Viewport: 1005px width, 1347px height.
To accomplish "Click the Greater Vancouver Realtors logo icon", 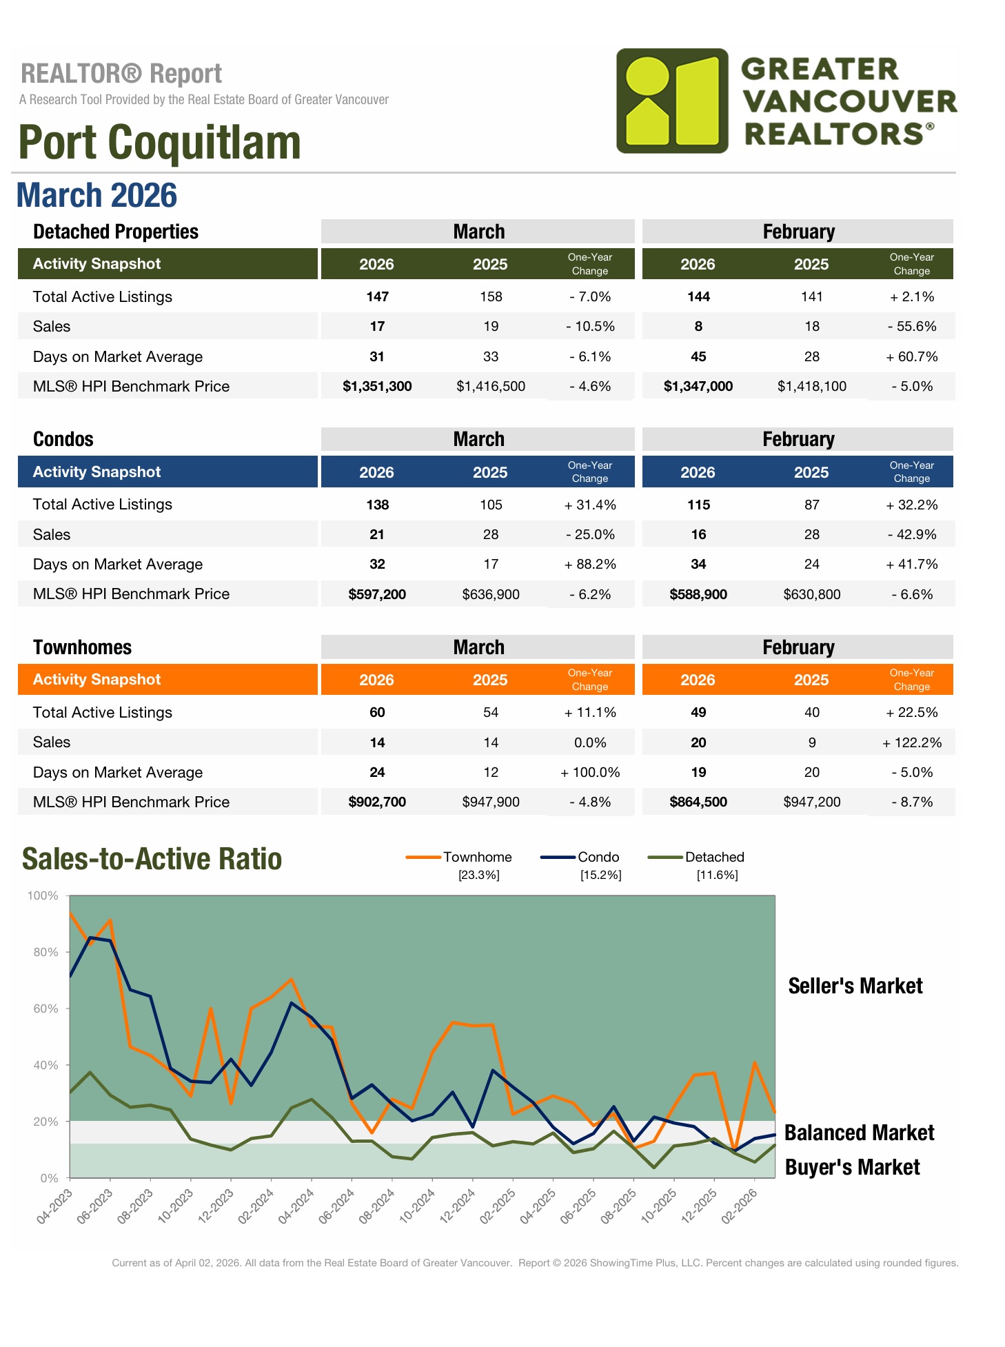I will [672, 101].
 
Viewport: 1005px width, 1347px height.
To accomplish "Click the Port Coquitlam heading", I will [159, 143].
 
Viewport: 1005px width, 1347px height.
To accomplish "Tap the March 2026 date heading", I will [97, 195].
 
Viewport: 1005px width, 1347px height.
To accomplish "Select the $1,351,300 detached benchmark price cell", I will [377, 387].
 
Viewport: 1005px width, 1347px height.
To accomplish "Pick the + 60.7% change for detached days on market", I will [912, 357].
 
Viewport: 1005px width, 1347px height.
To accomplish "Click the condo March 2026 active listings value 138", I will [377, 505].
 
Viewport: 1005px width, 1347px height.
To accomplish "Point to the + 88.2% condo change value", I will [590, 565].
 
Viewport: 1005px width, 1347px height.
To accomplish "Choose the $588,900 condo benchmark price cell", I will [698, 594].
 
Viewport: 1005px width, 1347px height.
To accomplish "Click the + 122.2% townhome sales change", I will [911, 743].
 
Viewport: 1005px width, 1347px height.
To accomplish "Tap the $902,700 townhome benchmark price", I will [377, 802].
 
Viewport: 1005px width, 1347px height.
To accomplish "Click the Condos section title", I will [63, 440].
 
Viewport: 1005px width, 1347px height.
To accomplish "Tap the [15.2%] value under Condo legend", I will [600, 875].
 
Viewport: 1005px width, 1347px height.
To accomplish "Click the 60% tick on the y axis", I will [43, 1009].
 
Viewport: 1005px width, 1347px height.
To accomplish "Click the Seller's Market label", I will [855, 986].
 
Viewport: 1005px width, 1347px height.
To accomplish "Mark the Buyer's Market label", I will [852, 1167].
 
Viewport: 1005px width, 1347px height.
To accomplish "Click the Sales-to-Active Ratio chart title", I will [152, 859].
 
